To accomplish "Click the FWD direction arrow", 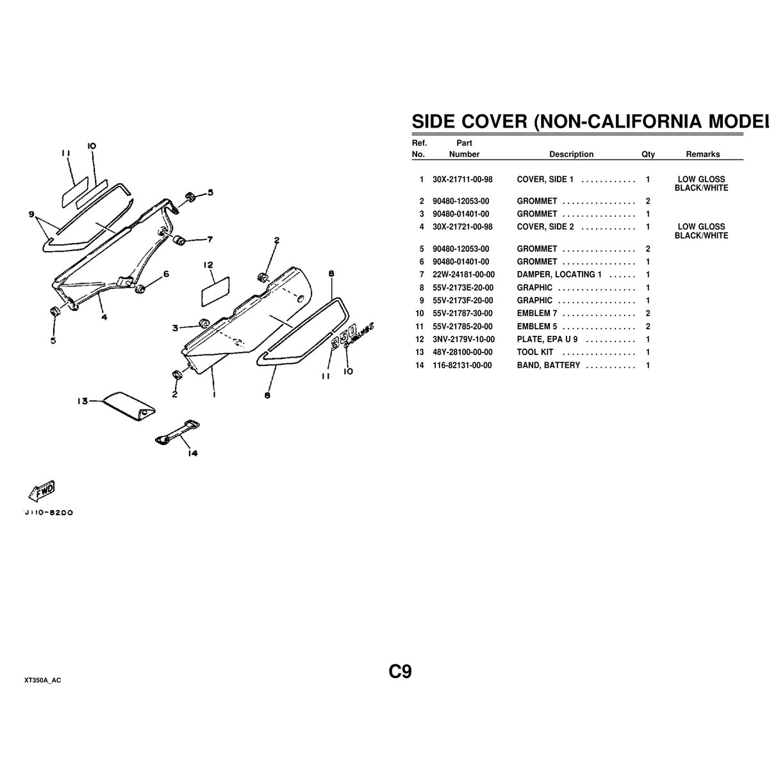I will pyautogui.click(x=40, y=490).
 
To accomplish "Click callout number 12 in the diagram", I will pyautogui.click(x=208, y=265).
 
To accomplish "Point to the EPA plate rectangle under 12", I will pyautogui.click(x=216, y=291).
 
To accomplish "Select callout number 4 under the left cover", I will pyautogui.click(x=104, y=316).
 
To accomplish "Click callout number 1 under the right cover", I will pyautogui.click(x=213, y=395).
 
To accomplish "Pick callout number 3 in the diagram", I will pyautogui.click(x=174, y=328).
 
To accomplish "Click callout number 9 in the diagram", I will pyautogui.click(x=31, y=215).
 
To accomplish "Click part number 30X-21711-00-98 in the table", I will pyautogui.click(x=463, y=179).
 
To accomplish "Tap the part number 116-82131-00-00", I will pyautogui.click(x=463, y=365).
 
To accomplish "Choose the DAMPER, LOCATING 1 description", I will pyautogui.click(x=559, y=274).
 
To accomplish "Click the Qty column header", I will pyautogui.click(x=648, y=154).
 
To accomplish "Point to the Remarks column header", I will pyautogui.click(x=702, y=154).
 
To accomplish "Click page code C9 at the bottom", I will pyautogui.click(x=399, y=672).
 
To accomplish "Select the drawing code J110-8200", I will pyautogui.click(x=47, y=513).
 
